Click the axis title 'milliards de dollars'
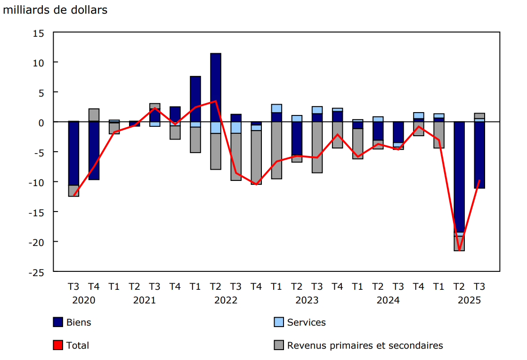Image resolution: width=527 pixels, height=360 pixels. (55, 10)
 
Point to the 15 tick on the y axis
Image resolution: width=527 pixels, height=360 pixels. (38, 33)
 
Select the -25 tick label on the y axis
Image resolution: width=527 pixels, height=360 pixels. (36, 272)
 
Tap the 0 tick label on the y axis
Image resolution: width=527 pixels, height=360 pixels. (41, 123)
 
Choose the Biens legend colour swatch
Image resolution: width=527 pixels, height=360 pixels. (58, 322)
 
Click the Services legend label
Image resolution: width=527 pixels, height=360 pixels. (306, 322)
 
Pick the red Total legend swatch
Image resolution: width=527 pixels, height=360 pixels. (58, 345)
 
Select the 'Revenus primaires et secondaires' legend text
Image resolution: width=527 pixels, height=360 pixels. (365, 345)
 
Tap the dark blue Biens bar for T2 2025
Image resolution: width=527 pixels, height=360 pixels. (459, 177)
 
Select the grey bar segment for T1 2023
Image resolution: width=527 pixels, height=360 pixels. (276, 150)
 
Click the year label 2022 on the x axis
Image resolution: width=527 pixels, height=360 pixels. (226, 300)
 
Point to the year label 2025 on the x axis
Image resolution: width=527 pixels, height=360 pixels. (469, 300)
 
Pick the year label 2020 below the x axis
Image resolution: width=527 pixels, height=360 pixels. (84, 300)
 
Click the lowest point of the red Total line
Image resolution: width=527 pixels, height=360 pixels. (459, 250)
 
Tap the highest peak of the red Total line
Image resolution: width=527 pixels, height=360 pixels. (216, 101)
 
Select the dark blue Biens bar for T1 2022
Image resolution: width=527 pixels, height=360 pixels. (195, 99)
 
